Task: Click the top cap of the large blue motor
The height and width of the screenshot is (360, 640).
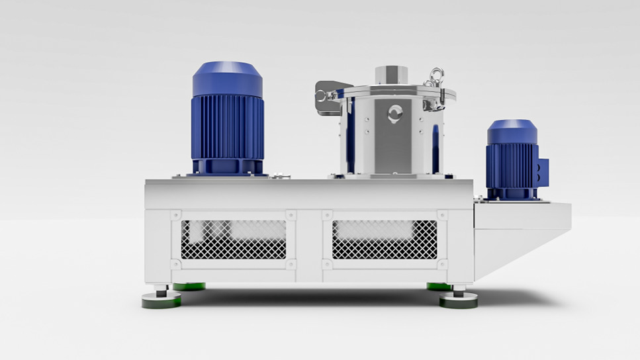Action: click(227, 78)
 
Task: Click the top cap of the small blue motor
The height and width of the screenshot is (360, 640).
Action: click(512, 132)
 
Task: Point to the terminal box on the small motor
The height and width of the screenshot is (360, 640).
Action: click(543, 173)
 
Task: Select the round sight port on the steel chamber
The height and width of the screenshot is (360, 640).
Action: click(395, 114)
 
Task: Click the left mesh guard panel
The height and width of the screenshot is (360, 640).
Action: click(234, 239)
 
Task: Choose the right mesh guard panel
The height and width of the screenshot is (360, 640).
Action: click(385, 239)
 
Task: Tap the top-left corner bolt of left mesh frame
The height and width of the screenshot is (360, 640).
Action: click(175, 215)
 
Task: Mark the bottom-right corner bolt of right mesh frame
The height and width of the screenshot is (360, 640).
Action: click(441, 263)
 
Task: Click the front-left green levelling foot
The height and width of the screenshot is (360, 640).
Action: click(161, 301)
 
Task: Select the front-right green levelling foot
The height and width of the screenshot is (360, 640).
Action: click(458, 300)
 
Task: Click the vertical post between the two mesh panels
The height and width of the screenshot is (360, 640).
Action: click(309, 242)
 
